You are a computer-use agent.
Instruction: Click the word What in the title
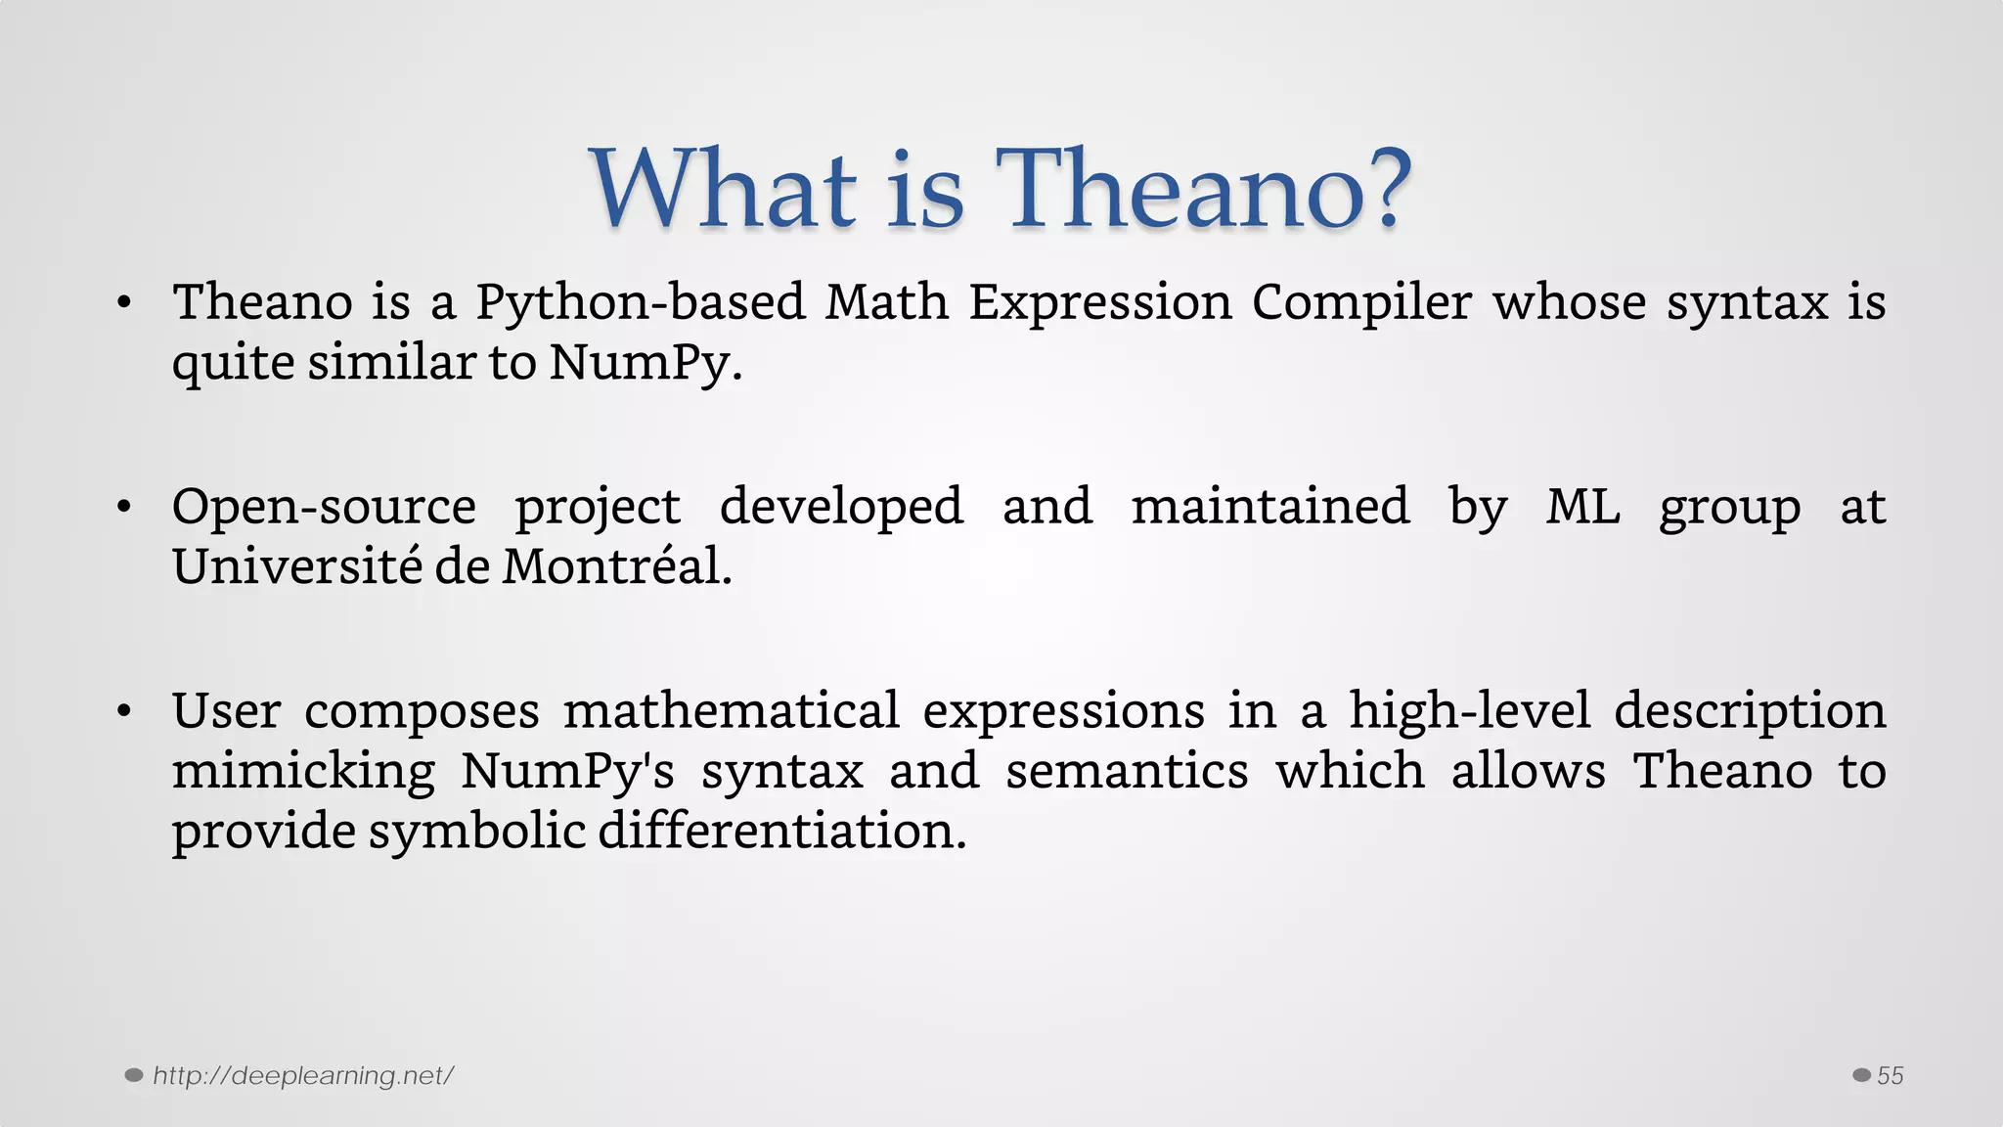[724, 189]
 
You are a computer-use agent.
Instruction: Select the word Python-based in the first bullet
[641, 302]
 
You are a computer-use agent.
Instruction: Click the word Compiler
[1361, 302]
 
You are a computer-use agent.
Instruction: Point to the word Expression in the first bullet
[1100, 302]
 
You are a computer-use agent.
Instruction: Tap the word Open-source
[324, 507]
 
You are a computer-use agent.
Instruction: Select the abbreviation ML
[1582, 507]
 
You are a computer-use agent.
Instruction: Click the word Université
[295, 567]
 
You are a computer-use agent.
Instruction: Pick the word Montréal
[616, 567]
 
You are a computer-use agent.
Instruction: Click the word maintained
[1270, 507]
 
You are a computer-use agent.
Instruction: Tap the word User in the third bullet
[226, 711]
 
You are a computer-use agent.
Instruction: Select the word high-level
[1470, 711]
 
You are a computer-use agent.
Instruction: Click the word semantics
[1127, 772]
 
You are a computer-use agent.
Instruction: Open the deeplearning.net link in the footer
[303, 1076]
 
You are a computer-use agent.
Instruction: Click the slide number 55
[1890, 1076]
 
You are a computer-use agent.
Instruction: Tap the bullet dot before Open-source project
[123, 508]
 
